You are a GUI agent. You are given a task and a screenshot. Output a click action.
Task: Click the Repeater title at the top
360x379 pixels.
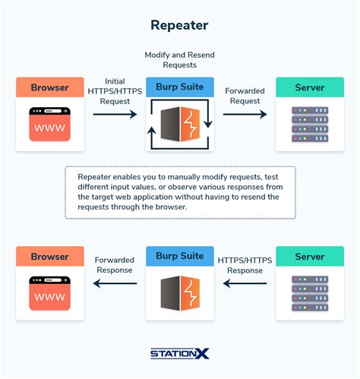[179, 25]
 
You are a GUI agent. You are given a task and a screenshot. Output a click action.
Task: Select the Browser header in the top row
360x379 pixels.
[49, 87]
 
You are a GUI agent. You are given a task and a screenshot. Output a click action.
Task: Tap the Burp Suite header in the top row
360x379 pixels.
[179, 87]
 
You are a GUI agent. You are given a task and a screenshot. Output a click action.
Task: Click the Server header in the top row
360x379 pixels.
[309, 87]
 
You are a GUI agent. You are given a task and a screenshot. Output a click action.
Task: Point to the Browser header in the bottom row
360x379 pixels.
[49, 257]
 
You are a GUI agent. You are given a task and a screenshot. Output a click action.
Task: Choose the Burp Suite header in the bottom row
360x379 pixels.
[179, 257]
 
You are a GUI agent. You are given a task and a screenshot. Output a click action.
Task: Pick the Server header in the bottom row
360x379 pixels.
[309, 257]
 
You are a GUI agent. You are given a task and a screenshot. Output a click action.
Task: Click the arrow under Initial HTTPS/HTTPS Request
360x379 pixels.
[114, 115]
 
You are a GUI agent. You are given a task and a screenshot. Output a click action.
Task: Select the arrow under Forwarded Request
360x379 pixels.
[245, 115]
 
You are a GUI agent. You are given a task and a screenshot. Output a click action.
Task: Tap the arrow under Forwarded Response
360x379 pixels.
[115, 284]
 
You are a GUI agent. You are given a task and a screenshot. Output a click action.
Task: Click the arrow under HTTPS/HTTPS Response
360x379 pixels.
[245, 284]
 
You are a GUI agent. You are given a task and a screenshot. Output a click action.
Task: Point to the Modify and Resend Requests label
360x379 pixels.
[179, 61]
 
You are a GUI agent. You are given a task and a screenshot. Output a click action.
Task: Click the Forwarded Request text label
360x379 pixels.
[245, 95]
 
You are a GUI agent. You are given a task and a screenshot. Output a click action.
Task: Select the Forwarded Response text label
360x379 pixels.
[115, 264]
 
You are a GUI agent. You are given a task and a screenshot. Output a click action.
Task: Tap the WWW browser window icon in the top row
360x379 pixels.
[49, 124]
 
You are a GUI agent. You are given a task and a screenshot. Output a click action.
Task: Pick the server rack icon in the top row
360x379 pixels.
[309, 126]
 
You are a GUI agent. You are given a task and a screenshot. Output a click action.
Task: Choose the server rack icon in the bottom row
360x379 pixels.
[309, 295]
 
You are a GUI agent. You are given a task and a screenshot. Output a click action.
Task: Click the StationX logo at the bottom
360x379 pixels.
[179, 352]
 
